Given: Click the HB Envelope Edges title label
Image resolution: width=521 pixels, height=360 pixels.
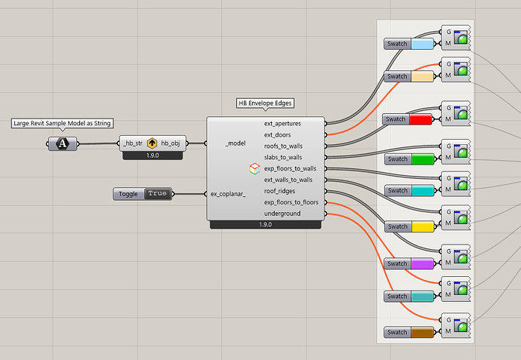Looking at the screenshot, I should [265, 103].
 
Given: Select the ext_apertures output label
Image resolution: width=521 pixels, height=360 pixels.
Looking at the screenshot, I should [283, 122].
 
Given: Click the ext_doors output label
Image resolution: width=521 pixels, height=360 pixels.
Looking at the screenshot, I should [278, 134].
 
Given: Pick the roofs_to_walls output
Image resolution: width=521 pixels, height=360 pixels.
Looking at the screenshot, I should [282, 146].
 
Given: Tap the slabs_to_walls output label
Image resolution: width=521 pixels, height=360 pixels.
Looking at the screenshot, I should [283, 157].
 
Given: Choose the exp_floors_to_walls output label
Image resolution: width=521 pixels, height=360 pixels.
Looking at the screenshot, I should [290, 168].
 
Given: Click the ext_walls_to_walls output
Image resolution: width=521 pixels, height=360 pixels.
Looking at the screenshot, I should [288, 180].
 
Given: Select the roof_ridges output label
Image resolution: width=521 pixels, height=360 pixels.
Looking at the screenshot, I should [280, 191].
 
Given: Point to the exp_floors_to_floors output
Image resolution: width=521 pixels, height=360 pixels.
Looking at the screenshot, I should [290, 202].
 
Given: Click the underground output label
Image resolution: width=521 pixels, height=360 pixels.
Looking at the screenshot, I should [282, 214].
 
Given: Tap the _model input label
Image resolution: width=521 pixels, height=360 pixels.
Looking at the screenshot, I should [236, 142].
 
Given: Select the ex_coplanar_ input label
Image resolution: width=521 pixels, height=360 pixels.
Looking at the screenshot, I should [228, 194].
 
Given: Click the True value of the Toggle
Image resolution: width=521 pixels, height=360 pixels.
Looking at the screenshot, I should [157, 194].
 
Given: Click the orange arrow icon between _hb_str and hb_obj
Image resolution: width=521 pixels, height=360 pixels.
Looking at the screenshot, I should [152, 143].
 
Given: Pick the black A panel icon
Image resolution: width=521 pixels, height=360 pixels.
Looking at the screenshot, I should [63, 143].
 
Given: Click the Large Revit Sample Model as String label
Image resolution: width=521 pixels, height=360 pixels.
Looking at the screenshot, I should [63, 123].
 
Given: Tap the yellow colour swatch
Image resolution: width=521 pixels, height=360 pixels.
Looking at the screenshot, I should [422, 227].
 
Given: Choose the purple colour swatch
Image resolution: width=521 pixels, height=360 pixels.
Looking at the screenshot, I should [422, 263].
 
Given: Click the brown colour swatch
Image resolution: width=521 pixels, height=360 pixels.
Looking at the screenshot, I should [422, 332].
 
